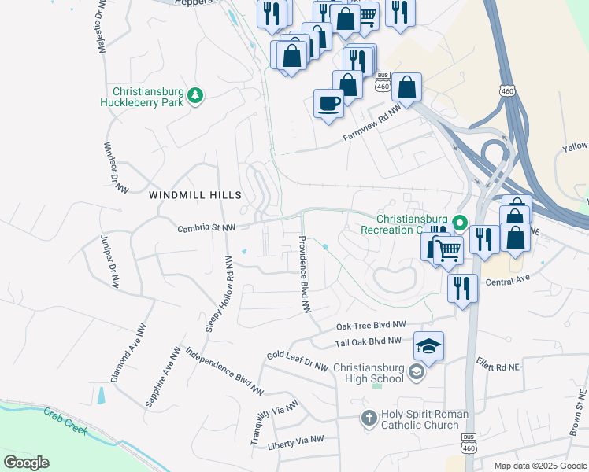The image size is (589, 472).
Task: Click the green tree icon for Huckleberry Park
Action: [x=195, y=96]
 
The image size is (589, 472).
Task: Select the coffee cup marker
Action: [x=328, y=102]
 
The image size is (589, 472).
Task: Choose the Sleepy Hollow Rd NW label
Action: [x=220, y=293]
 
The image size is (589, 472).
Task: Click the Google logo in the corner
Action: [x=26, y=463]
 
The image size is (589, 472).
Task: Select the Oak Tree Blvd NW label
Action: [x=371, y=325]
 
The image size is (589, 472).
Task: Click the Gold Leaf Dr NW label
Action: [x=296, y=360]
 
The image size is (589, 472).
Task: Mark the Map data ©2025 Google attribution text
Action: [x=539, y=466]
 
